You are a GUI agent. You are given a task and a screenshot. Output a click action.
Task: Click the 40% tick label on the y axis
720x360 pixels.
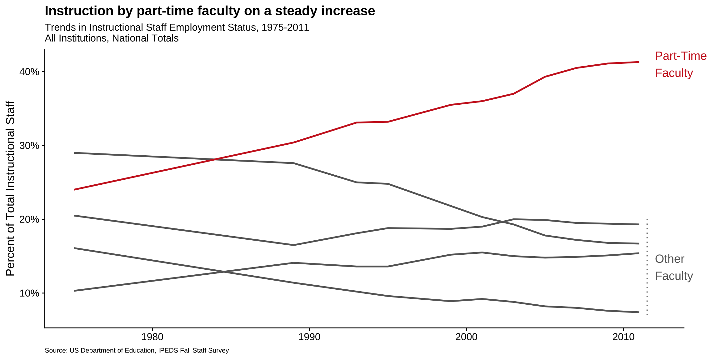pos(29,72)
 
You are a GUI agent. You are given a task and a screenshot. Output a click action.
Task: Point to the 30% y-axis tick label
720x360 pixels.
pos(29,146)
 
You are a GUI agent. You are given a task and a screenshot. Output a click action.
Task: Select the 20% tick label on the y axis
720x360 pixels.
pos(29,219)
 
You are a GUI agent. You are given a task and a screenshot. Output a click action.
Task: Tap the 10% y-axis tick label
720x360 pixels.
pos(29,293)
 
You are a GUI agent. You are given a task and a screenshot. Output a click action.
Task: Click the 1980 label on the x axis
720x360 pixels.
pos(152,337)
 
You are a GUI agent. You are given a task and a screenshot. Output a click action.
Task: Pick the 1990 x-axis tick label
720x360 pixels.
pos(309,337)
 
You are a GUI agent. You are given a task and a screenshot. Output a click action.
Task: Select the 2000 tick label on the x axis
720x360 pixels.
pos(466,337)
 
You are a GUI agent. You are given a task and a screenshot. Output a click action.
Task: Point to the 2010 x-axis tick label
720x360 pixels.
pos(623,337)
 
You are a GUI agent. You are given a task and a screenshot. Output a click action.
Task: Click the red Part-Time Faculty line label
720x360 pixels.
pos(680,64)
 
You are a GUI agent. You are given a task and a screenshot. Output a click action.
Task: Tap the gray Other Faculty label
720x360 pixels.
pos(674,267)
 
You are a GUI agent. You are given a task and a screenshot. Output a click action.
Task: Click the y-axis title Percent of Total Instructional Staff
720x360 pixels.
pos(10,188)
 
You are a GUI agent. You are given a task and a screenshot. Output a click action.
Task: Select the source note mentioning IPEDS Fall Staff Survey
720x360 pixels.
pos(137,350)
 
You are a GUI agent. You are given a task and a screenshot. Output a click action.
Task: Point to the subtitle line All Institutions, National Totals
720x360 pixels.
pos(112,38)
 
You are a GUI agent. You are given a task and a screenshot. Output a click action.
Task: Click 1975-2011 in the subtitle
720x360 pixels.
pos(285,27)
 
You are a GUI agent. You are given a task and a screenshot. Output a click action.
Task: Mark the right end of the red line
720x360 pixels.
pos(638,62)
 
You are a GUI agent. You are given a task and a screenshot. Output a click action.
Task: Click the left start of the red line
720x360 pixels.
pos(75,189)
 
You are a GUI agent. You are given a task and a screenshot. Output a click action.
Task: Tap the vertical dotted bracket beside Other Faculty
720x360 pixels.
pos(647,267)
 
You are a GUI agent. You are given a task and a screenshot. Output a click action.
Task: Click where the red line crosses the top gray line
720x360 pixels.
pos(215,159)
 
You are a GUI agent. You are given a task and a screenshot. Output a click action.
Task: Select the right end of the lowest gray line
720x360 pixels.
pos(638,312)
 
